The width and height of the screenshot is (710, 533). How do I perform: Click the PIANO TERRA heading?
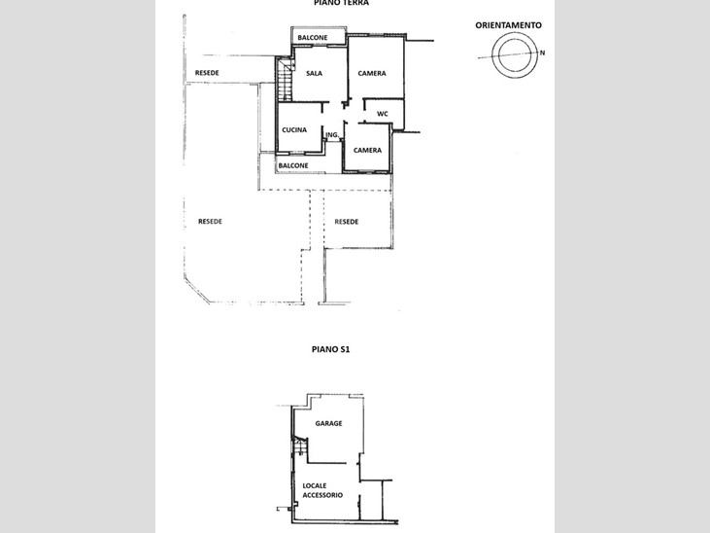(x=341, y=4)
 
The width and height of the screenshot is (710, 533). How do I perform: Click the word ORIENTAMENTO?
(x=509, y=24)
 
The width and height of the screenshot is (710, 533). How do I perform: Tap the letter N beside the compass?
(x=543, y=53)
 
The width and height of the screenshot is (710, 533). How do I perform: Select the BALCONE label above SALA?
(x=312, y=38)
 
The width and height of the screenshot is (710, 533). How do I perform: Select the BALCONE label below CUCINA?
(x=293, y=165)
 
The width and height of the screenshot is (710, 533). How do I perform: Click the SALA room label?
(x=314, y=74)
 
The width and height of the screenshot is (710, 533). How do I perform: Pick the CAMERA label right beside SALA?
(x=372, y=74)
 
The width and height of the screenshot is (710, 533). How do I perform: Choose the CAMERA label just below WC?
(x=367, y=151)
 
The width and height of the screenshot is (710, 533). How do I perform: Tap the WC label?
(x=383, y=114)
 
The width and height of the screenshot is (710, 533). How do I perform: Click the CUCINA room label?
(x=294, y=130)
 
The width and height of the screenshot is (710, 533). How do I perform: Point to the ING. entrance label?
(x=332, y=135)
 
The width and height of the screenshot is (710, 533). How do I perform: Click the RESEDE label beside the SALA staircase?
(x=206, y=74)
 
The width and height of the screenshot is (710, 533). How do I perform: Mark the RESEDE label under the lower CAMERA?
(x=347, y=222)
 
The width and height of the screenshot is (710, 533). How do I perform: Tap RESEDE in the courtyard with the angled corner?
(x=210, y=222)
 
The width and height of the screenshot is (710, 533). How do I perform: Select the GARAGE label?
(x=328, y=424)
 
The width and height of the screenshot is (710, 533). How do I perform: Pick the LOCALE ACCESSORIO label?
(x=321, y=490)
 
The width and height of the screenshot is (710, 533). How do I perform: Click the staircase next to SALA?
(x=285, y=80)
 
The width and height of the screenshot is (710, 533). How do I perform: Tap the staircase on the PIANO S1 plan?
(x=300, y=446)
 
